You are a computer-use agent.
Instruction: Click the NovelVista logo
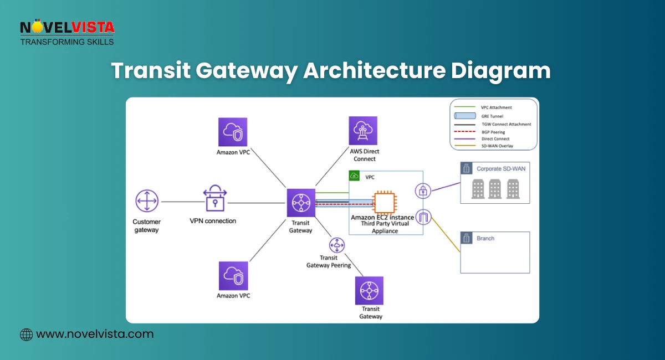66,32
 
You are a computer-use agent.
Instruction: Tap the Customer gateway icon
147,201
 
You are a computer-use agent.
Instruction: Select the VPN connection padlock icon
215,198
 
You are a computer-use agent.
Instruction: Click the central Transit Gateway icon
301,203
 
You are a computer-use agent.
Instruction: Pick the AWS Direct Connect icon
363,131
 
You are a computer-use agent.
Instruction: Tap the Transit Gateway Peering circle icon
336,244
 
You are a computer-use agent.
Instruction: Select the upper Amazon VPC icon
233,131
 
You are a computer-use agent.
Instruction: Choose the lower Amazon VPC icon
233,276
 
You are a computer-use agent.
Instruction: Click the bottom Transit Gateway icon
370,290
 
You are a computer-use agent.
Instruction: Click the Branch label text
485,238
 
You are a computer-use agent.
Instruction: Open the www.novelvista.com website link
94,334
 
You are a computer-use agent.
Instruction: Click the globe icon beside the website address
26,335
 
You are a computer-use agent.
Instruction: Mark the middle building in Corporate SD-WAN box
495,189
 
